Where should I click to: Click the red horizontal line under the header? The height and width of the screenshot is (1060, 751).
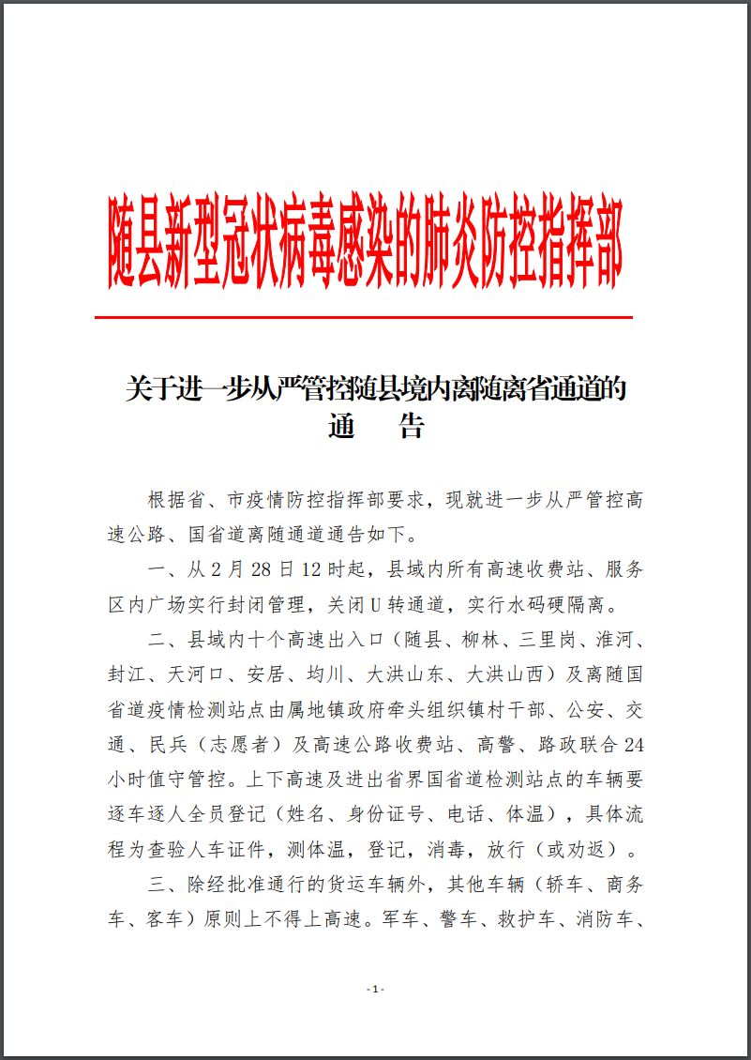click(x=364, y=318)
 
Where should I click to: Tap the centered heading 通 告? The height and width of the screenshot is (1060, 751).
click(x=376, y=428)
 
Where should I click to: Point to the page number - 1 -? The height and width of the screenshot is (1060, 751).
click(x=375, y=990)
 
